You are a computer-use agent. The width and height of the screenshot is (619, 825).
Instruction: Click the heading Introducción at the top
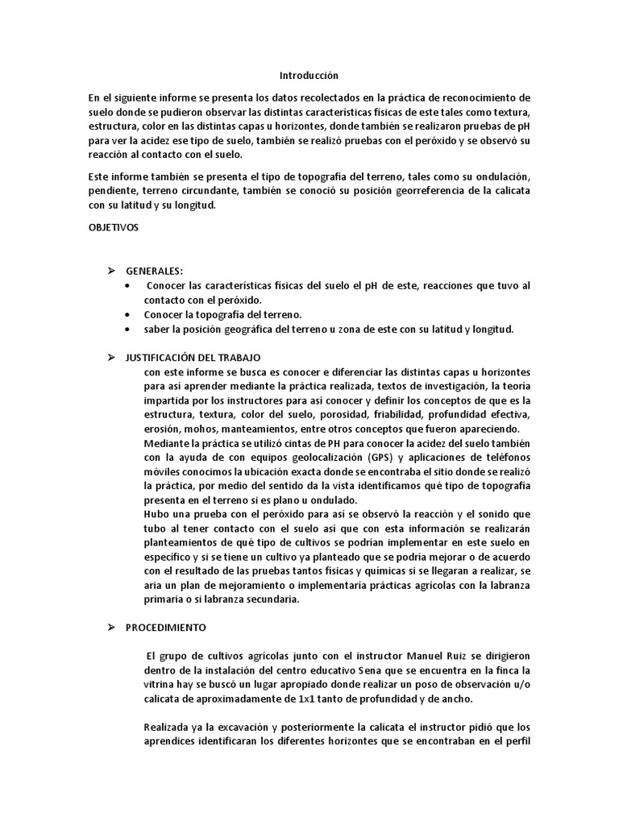click(305, 75)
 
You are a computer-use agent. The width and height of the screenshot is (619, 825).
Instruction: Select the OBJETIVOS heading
click(114, 227)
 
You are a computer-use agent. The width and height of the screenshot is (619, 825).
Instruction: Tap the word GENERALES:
click(155, 272)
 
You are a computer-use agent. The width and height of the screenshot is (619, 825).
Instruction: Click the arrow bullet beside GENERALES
click(114, 272)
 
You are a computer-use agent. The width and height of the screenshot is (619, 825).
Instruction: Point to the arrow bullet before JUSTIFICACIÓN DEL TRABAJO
click(114, 357)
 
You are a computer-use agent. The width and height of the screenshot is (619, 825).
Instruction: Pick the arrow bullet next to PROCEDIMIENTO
click(114, 626)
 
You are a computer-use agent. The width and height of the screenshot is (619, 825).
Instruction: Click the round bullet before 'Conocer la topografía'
click(130, 315)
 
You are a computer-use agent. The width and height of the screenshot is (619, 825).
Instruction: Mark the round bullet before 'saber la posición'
click(130, 330)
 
